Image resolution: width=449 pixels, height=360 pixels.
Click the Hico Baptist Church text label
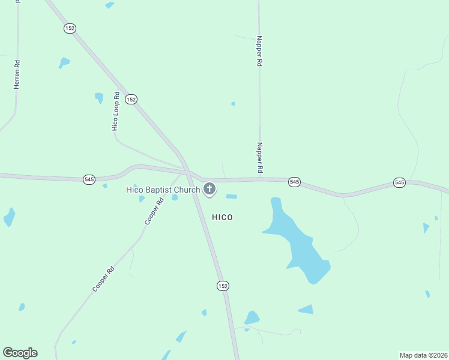[x=162, y=190]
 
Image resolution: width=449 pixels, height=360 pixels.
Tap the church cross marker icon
[x=209, y=189]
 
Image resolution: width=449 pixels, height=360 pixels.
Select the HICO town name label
[x=222, y=217]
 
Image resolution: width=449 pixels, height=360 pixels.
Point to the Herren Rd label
[x=17, y=75]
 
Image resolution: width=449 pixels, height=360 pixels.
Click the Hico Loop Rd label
[x=116, y=112]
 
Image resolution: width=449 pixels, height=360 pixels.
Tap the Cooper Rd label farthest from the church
[x=103, y=279]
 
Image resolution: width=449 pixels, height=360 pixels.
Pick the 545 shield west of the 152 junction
[x=89, y=179]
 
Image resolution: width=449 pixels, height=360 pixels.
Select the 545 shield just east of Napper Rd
[x=294, y=182]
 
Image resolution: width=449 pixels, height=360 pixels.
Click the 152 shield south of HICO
[x=223, y=286]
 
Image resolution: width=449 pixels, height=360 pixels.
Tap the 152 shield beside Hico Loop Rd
[x=131, y=99]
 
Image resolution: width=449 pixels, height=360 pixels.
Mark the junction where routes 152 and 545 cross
[x=187, y=173]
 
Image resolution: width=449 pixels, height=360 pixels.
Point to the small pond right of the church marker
[x=231, y=196]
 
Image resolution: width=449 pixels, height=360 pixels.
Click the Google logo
[x=20, y=353]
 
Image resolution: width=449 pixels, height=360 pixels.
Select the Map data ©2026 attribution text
[x=423, y=355]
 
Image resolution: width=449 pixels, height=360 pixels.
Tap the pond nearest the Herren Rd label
[x=64, y=62]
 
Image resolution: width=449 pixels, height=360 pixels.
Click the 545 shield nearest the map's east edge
[x=399, y=182]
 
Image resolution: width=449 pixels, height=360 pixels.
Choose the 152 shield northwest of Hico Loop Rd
[x=70, y=28]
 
